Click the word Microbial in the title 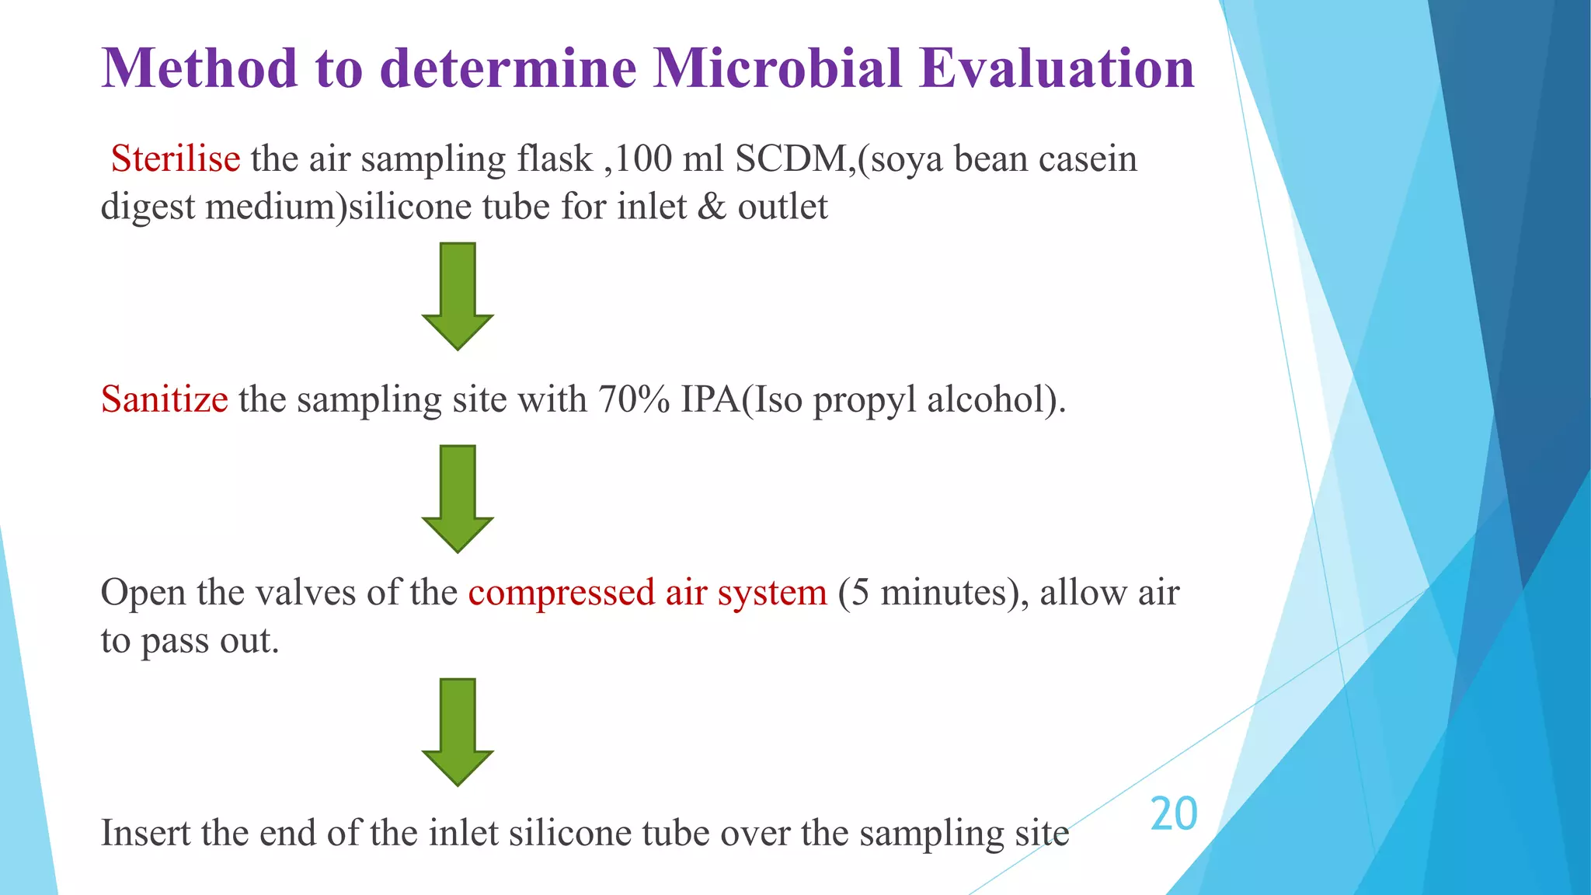tap(778, 68)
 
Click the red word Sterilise tap(176, 158)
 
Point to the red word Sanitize tap(165, 399)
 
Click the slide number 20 tap(1174, 814)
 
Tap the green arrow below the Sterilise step tap(458, 296)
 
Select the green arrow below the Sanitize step tap(458, 499)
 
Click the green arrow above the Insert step tap(458, 732)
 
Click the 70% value tap(634, 399)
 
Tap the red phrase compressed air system tap(647, 593)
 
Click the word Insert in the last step tap(145, 833)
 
